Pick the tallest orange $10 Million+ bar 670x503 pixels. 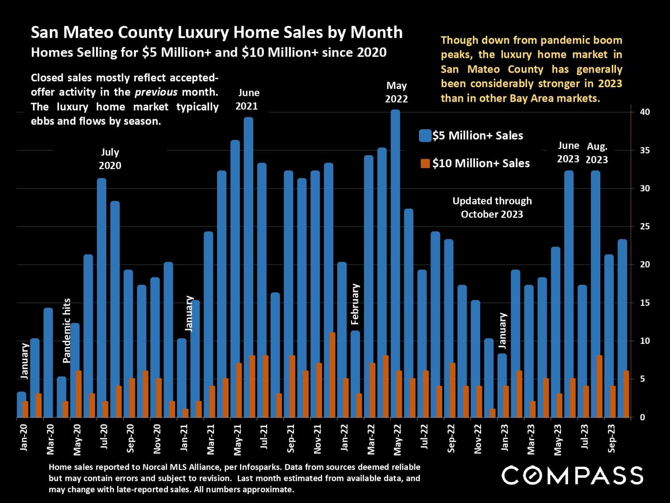pyautogui.click(x=332, y=375)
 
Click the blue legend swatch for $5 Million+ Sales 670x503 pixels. pyautogui.click(x=425, y=136)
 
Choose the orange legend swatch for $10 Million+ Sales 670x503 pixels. pyautogui.click(x=425, y=164)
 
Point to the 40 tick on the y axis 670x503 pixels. pyautogui.click(x=645, y=112)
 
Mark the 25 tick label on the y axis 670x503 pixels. pyautogui.click(x=645, y=227)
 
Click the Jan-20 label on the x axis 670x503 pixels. pyautogui.click(x=24, y=437)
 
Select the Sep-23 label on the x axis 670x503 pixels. pyautogui.click(x=611, y=438)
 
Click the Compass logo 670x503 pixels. pyautogui.click(x=572, y=475)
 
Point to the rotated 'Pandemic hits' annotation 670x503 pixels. pyautogui.click(x=67, y=330)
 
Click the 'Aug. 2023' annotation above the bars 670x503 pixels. pyautogui.click(x=597, y=153)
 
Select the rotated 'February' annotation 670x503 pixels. pyautogui.click(x=355, y=304)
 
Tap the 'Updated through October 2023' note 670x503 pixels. pyautogui.click(x=492, y=207)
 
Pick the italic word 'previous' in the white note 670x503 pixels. pyautogui.click(x=156, y=93)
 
